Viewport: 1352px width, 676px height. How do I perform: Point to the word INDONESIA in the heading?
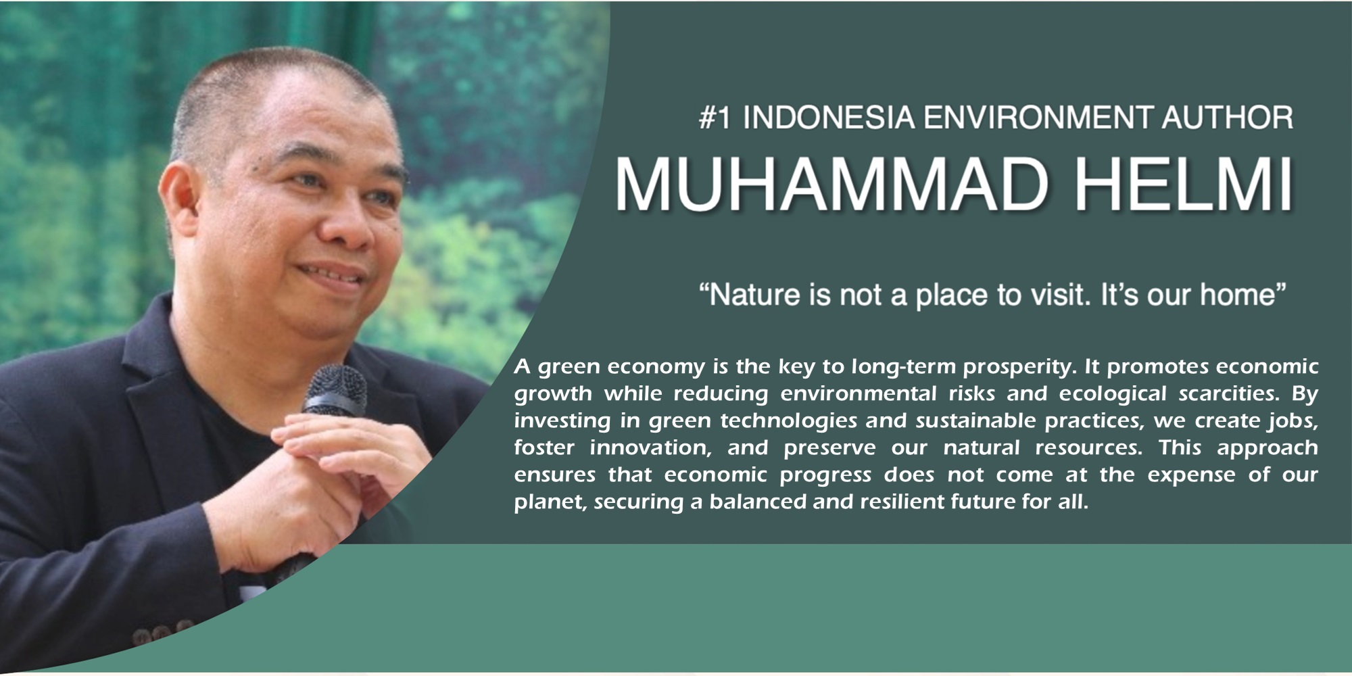tap(829, 118)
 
